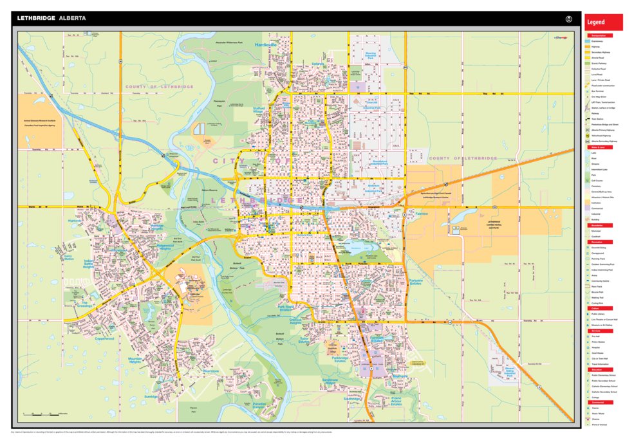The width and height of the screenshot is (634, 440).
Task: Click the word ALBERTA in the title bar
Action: [72, 19]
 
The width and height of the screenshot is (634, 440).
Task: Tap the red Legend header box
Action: [603, 22]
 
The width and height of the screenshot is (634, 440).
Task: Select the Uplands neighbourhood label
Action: [318, 64]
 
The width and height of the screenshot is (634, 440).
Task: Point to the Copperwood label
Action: [104, 338]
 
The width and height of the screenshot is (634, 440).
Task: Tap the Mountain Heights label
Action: [135, 360]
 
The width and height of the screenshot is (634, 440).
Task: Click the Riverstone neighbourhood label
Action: [210, 371]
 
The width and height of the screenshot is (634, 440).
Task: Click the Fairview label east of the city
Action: [422, 214]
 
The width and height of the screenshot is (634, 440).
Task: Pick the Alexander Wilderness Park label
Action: [228, 42]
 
